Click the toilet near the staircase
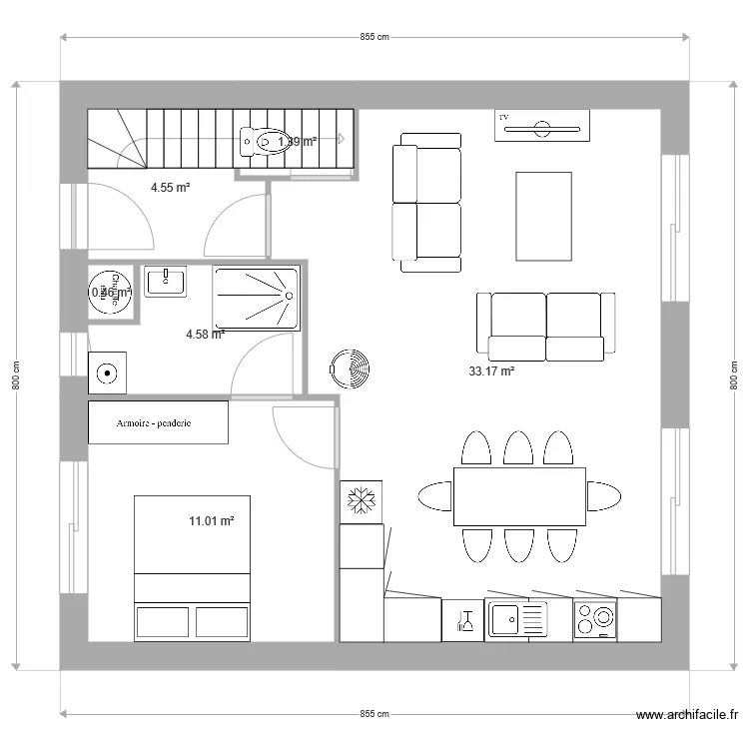click(258, 142)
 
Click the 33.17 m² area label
click(491, 372)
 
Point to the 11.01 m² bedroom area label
click(211, 520)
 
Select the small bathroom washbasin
click(166, 281)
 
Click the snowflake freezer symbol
click(360, 499)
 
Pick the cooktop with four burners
click(595, 620)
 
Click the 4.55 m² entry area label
click(170, 187)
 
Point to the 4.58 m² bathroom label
click(205, 335)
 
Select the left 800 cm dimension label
click(17, 375)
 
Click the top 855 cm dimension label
click(374, 37)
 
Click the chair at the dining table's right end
click(604, 496)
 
